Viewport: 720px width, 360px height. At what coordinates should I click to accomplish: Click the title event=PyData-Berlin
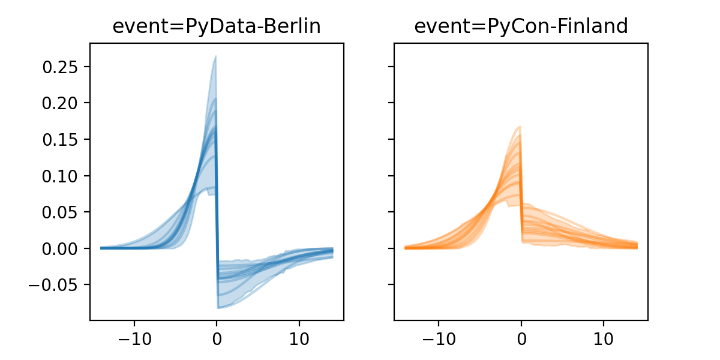(x=217, y=26)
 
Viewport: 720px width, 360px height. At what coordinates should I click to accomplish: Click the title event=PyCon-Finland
(x=521, y=26)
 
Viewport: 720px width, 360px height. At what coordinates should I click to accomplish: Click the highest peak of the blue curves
(x=215, y=57)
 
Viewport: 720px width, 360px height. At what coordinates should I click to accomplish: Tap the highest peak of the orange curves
(x=520, y=127)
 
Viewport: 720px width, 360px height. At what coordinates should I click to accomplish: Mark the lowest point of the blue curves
(x=218, y=308)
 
